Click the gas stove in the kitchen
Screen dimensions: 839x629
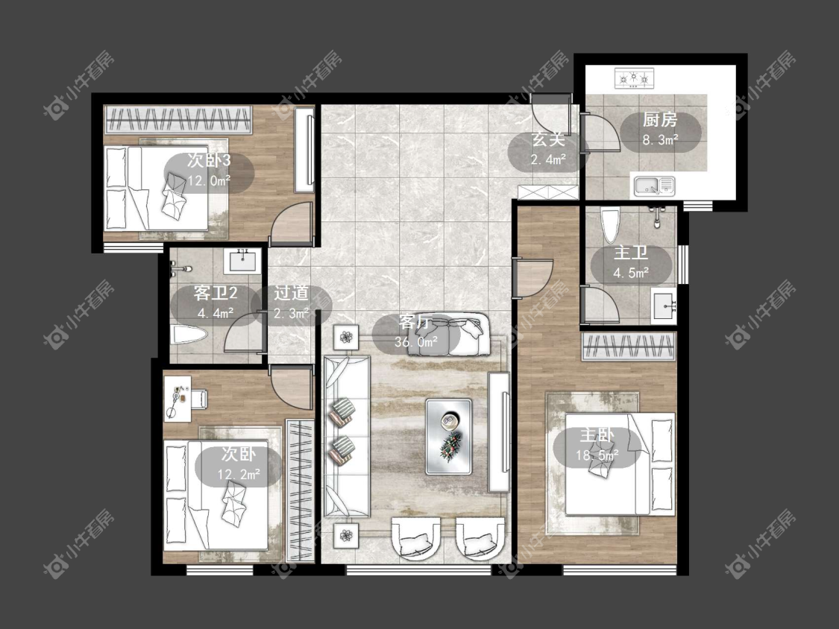pos(634,78)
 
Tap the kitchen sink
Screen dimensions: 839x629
pos(654,186)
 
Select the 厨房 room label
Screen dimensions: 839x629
pos(660,120)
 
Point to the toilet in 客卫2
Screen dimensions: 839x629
pos(189,336)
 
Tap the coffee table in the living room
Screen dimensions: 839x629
pos(449,436)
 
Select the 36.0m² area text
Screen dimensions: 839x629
pos(416,342)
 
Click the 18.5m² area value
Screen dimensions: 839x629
pos(597,455)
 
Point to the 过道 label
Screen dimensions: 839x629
pos(291,293)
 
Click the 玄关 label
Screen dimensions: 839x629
pos(548,140)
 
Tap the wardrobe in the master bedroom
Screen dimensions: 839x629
pos(629,346)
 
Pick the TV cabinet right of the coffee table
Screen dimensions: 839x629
pos(499,432)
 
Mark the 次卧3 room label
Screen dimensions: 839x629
pos(209,160)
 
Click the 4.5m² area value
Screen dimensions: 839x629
pos(631,274)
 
